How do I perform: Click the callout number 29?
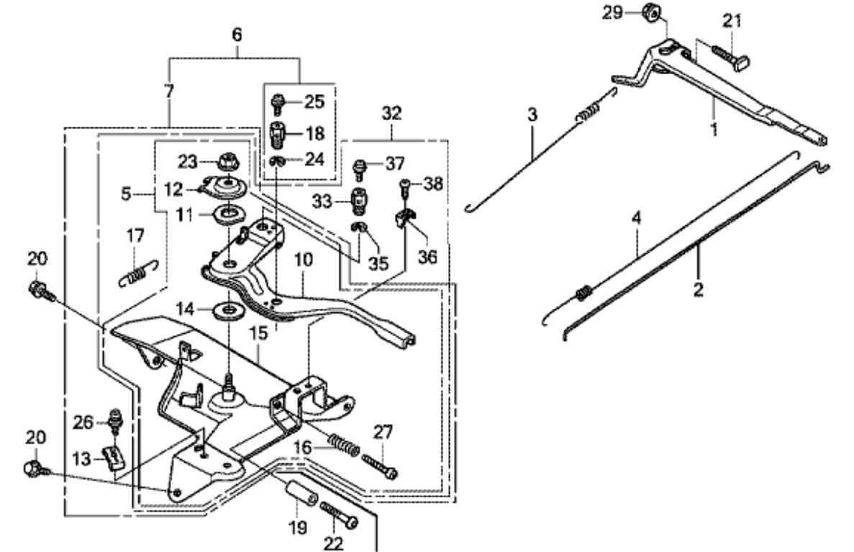(613, 12)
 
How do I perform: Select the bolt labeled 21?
(730, 57)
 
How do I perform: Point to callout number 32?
(391, 113)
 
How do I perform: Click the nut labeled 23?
(228, 162)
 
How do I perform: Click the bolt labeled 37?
(360, 168)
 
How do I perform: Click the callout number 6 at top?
(237, 35)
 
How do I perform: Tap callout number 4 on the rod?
(636, 219)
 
